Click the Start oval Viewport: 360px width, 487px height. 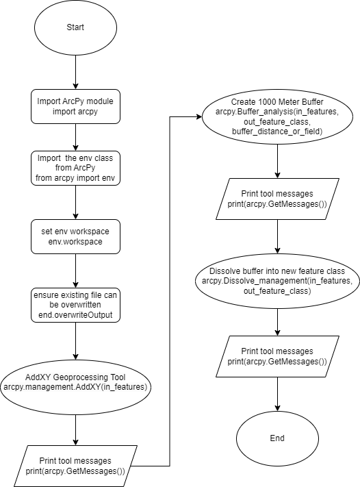pyautogui.click(x=75, y=27)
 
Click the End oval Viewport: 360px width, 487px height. pyautogui.click(x=277, y=438)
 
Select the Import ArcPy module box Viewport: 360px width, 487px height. pyautogui.click(x=75, y=106)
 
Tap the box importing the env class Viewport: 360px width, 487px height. pyautogui.click(x=75, y=168)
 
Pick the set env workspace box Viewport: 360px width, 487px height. pyautogui.click(x=75, y=236)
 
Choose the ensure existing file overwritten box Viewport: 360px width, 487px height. pyautogui.click(x=75, y=305)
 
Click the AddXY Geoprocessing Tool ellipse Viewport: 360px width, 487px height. pyautogui.click(x=75, y=387)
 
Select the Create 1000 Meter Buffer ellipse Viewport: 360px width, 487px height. pyautogui.click(x=277, y=116)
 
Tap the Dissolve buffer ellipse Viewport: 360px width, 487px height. pyautogui.click(x=277, y=281)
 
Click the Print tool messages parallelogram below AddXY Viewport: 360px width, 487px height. pyautogui.click(x=75, y=466)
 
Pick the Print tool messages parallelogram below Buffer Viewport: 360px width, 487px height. pyautogui.click(x=277, y=199)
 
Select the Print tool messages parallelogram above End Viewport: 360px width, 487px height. pyautogui.click(x=277, y=356)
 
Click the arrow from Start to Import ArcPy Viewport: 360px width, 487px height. pyautogui.click(x=75, y=73)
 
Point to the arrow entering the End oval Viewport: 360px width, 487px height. pyautogui.click(x=277, y=394)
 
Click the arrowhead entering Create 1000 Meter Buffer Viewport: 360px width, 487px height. pyautogui.click(x=199, y=116)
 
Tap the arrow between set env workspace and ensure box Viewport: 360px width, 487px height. pyautogui.click(x=75, y=271)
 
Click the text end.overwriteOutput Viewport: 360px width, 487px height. pyautogui.click(x=75, y=315)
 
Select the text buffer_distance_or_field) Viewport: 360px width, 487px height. pyautogui.click(x=277, y=132)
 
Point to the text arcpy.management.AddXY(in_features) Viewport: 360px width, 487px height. pyautogui.click(x=75, y=387)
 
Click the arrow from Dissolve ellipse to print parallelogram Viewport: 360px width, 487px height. pyautogui.click(x=277, y=322)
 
